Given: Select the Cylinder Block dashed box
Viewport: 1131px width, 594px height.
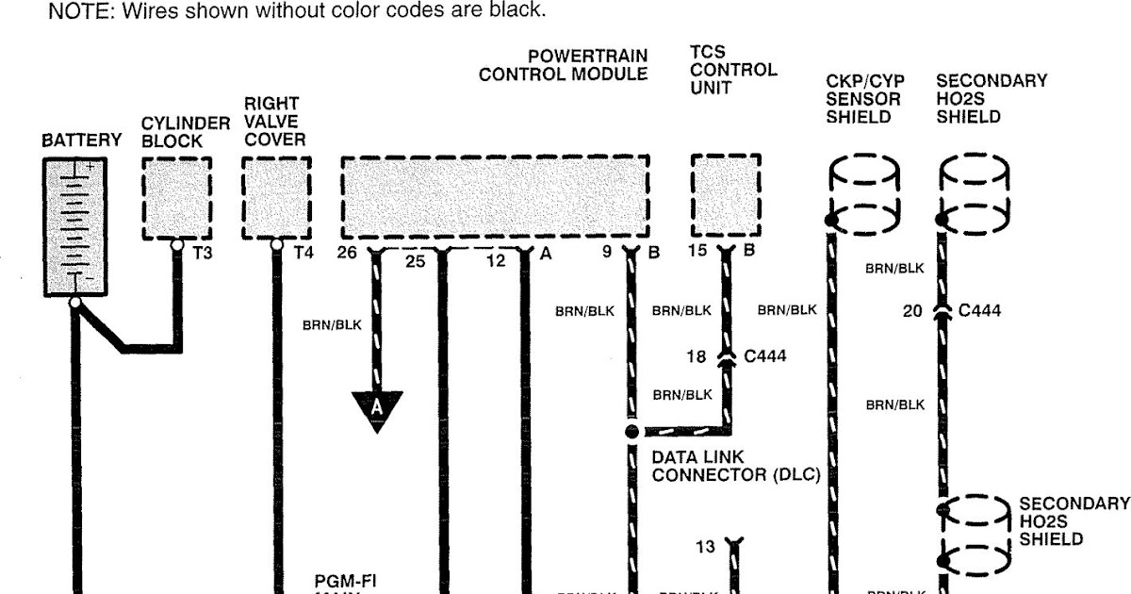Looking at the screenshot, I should (176, 199).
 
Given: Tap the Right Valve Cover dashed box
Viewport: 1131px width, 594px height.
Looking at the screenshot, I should (276, 199).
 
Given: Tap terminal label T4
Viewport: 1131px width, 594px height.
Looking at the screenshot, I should (303, 254).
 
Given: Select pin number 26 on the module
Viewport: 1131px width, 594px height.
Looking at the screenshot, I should (349, 253).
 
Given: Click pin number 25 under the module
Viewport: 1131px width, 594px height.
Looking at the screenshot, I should (416, 261).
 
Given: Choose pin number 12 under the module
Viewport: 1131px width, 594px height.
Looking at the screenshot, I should (497, 261).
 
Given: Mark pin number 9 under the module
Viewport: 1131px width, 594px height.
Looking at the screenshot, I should (608, 253).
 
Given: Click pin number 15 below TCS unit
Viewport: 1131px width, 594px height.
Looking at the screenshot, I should (697, 253).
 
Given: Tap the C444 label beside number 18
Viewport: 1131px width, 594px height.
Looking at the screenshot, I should (765, 356).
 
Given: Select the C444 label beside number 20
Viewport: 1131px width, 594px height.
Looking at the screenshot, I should (979, 308).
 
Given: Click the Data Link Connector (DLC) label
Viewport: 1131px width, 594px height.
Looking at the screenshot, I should (735, 466).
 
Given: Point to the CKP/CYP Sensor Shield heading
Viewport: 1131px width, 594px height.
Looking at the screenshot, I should (864, 99).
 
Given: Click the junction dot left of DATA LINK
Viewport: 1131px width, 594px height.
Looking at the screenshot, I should (632, 432).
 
